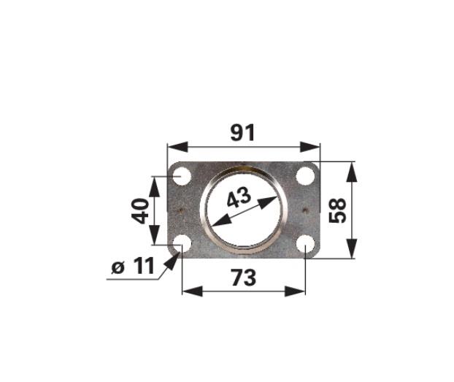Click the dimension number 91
242,132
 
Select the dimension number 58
338,210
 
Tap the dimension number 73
244,277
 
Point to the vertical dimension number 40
140,210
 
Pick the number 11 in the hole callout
144,266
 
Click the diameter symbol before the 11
118,267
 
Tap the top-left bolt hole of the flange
182,176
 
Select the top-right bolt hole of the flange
306,176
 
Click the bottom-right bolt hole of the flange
306,244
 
